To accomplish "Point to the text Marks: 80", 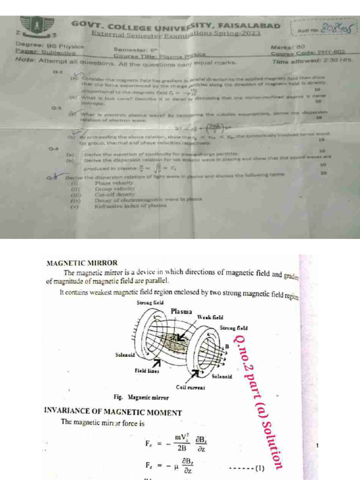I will click(x=288, y=47).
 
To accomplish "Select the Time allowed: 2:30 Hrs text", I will click(x=312, y=61).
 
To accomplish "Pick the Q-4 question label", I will click(x=54, y=148).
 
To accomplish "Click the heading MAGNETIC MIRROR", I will click(x=82, y=263).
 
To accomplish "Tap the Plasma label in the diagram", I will click(x=181, y=311).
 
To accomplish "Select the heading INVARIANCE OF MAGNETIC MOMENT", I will click(x=112, y=413).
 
